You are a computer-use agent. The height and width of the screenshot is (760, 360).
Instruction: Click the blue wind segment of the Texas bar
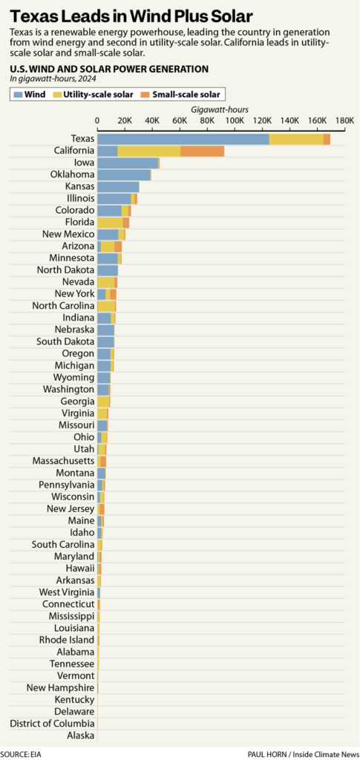(x=183, y=139)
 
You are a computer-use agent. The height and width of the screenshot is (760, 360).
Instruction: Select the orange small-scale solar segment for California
(x=202, y=151)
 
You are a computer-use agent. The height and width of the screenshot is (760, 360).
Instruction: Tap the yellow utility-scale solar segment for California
(x=148, y=151)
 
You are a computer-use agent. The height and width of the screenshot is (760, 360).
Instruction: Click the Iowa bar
(x=128, y=163)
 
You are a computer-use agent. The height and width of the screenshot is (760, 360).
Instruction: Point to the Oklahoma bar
(x=124, y=175)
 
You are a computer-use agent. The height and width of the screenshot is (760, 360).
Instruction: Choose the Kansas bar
(x=118, y=187)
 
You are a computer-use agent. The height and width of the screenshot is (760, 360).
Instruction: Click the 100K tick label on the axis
(x=235, y=120)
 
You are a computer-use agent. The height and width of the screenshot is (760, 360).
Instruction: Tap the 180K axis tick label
(x=344, y=120)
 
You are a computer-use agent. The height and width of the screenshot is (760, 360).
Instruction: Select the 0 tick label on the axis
(x=97, y=120)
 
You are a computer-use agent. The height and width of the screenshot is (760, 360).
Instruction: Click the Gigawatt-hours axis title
(x=220, y=108)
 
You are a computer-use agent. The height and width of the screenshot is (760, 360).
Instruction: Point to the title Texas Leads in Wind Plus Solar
(x=131, y=16)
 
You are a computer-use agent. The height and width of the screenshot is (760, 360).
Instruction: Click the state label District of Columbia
(x=52, y=724)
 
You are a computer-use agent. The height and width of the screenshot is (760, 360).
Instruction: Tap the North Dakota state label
(x=65, y=270)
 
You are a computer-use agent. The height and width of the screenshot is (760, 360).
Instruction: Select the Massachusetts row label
(x=63, y=461)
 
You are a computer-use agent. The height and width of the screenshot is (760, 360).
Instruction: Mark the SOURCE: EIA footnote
(x=20, y=753)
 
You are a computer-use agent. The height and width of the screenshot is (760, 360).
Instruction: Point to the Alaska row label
(x=80, y=736)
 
